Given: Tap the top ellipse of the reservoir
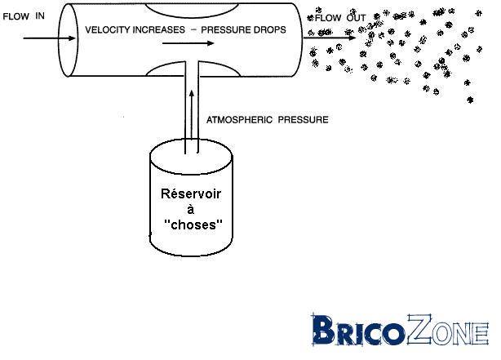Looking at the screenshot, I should tap(193, 156).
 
